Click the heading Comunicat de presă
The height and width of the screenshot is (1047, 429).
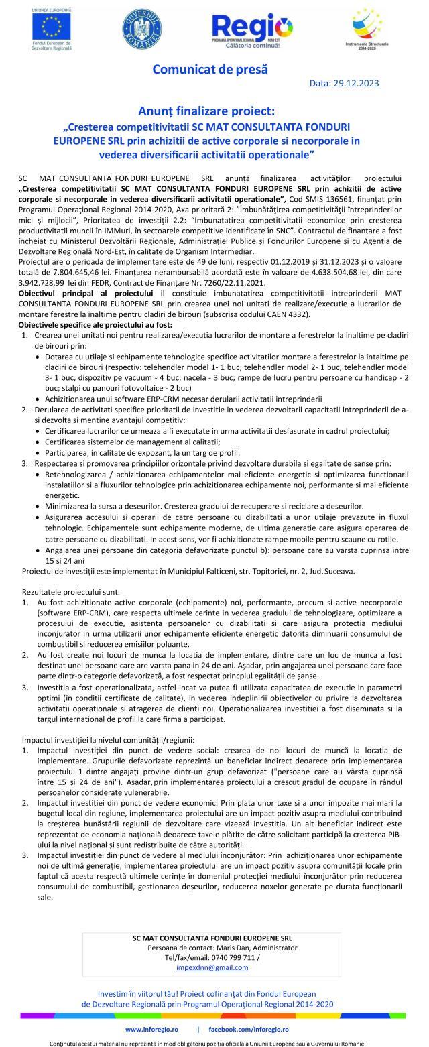(210, 69)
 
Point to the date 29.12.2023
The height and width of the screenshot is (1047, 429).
(371, 83)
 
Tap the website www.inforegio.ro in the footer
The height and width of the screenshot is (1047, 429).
(151, 1029)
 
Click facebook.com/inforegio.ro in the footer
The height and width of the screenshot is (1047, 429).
(248, 1029)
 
